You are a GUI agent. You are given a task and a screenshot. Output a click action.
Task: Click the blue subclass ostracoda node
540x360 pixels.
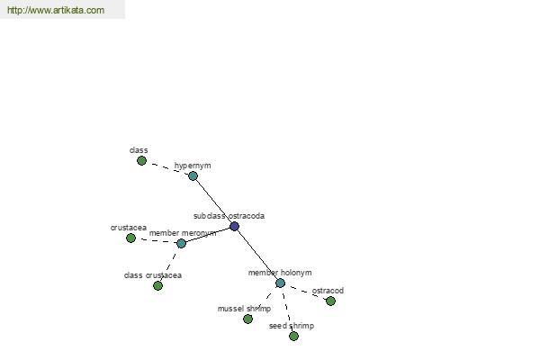point(234,226)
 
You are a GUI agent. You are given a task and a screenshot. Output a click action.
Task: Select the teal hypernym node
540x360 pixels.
point(193,176)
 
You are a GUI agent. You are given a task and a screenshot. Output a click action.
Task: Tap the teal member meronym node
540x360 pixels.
point(181,244)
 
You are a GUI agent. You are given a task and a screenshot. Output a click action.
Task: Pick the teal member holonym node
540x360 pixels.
point(280,283)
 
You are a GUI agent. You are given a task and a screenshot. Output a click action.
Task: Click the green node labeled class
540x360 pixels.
point(141,160)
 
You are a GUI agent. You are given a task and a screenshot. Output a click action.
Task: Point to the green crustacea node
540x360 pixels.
point(130,238)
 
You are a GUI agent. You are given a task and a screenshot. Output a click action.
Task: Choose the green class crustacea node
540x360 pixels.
point(157,285)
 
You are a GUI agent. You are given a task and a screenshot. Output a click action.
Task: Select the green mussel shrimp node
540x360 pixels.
point(247,319)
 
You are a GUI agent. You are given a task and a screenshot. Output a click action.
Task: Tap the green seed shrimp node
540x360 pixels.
point(293,336)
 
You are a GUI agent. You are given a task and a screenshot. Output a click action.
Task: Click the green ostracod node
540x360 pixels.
point(330,301)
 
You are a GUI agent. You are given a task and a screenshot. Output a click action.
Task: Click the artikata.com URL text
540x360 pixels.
point(56,10)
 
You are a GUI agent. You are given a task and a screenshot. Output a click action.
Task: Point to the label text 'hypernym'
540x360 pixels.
point(193,166)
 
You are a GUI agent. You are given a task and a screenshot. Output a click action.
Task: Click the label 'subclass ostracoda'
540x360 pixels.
point(229,216)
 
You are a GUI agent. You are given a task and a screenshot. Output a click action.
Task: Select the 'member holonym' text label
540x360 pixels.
point(280,273)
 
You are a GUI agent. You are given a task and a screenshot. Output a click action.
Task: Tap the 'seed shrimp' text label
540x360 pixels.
point(292,326)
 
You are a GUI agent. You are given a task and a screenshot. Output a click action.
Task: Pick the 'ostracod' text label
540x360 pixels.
point(328,291)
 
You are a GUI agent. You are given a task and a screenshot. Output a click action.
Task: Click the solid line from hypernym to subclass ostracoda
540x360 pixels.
point(213,202)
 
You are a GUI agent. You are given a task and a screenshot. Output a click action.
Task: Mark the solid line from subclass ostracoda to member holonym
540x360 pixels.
point(257,255)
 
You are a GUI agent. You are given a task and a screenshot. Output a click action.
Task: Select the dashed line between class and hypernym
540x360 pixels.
point(167,167)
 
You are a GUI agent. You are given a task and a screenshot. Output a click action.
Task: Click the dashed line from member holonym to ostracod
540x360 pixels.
point(305,292)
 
